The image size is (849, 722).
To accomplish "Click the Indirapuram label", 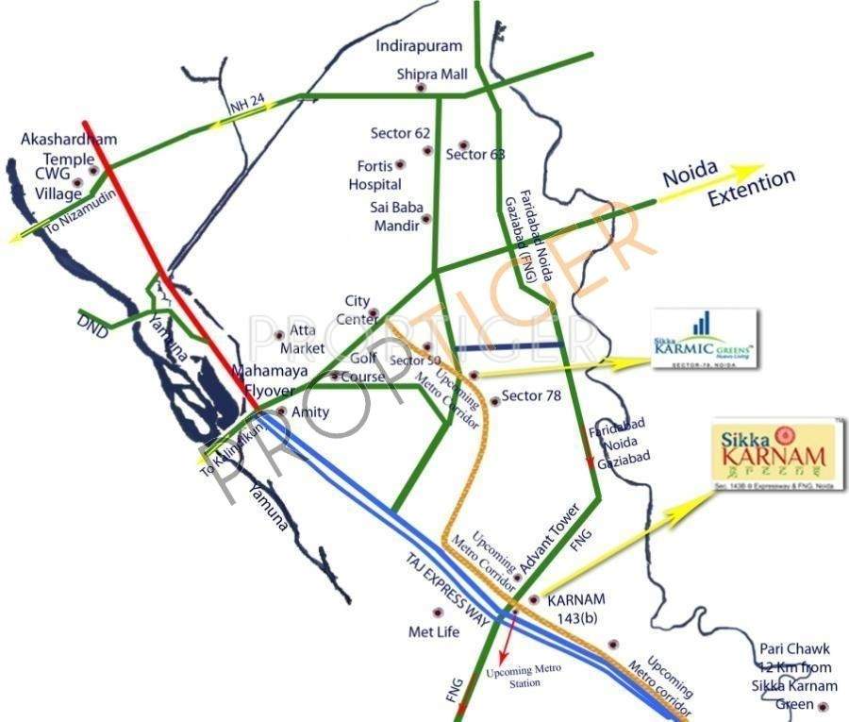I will pos(419,45).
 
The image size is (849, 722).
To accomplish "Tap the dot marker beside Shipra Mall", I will pos(421,89).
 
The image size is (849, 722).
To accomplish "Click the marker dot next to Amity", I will pos(281,412).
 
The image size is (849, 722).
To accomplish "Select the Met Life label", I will pos(433,631).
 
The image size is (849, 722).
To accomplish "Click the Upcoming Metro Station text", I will pos(524,674).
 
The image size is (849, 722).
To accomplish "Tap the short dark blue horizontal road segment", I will pos(508,347).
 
